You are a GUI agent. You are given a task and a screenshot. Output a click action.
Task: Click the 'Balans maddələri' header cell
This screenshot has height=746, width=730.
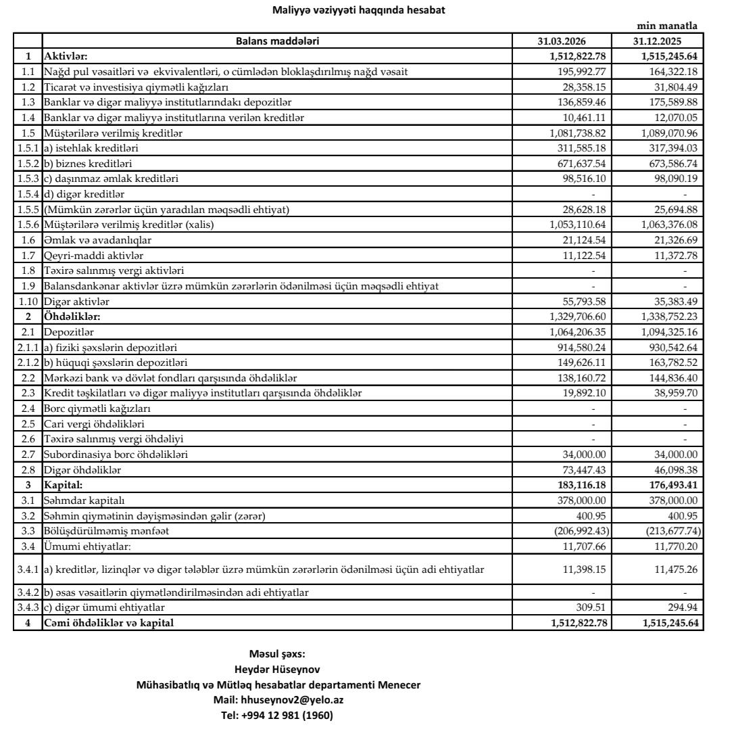(277, 41)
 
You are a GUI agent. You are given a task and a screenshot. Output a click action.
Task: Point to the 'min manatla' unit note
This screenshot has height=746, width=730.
(667, 26)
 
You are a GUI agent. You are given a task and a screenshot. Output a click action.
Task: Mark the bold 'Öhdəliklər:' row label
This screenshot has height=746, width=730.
(72, 316)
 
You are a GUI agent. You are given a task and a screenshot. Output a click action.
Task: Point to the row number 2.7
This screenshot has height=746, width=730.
(28, 454)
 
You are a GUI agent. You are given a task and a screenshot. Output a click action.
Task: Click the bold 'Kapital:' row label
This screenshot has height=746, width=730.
(64, 484)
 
